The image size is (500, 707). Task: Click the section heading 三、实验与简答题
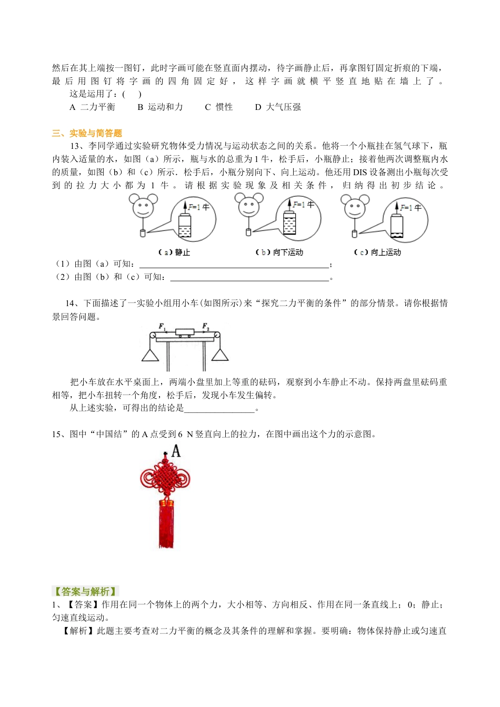(x=87, y=133)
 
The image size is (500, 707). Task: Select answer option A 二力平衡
(x=92, y=107)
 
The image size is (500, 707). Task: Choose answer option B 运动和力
(x=160, y=107)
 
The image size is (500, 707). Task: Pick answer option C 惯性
(x=218, y=107)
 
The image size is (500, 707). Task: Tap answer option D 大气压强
(x=278, y=107)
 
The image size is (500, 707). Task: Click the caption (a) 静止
(x=174, y=252)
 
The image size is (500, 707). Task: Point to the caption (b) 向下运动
(x=279, y=252)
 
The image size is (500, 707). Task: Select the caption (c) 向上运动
(x=377, y=252)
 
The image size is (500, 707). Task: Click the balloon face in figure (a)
(x=143, y=207)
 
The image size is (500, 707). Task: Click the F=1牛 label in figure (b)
(x=304, y=204)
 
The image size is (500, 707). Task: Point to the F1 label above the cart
(x=162, y=328)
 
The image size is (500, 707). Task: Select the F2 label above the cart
(x=206, y=327)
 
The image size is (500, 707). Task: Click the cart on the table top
(x=185, y=333)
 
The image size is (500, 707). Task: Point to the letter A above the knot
(x=176, y=451)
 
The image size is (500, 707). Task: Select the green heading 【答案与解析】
(x=85, y=591)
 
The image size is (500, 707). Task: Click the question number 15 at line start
(x=56, y=434)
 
